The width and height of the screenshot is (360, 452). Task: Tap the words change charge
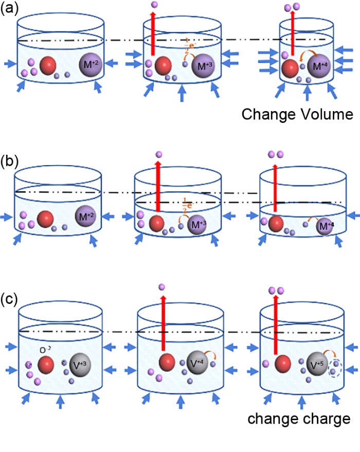click(299, 418)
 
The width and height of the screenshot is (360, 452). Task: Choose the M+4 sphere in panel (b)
click(324, 226)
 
